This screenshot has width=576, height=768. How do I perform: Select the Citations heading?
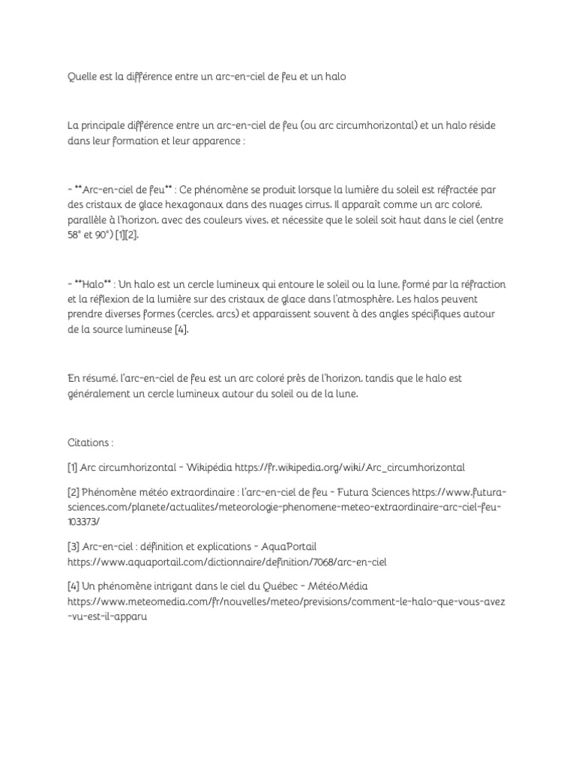[x=89, y=443]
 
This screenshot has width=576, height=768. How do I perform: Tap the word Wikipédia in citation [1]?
[x=205, y=467]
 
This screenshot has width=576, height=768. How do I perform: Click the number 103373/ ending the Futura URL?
[x=83, y=523]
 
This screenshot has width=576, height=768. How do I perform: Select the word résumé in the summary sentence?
[x=98, y=379]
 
